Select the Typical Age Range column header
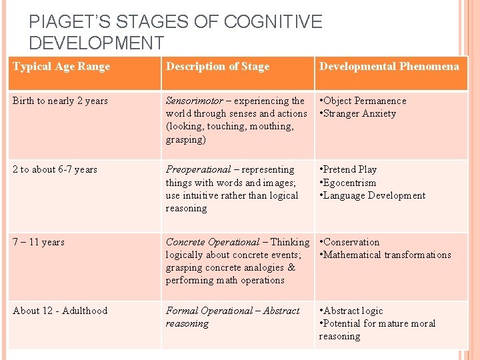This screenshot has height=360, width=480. coord(61,66)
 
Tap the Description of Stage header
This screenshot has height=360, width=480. coord(217,66)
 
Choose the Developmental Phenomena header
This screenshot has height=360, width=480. coord(389,66)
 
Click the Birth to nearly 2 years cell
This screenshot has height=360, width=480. coord(60,101)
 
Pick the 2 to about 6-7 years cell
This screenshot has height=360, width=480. coord(55,169)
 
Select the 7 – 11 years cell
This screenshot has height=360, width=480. coord(39,242)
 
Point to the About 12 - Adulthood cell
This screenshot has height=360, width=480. coord(60,311)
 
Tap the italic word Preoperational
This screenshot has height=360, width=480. coord(197,169)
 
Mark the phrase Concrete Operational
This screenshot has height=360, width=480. coord(212,242)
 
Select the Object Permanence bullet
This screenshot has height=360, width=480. coord(364,101)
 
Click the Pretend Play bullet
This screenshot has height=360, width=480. coord(349,169)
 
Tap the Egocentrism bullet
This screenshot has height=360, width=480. coord(349,183)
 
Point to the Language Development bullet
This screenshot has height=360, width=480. coord(373,195)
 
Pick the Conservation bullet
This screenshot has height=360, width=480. coord(351,242)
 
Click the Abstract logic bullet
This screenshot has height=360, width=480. coord(353,311)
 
